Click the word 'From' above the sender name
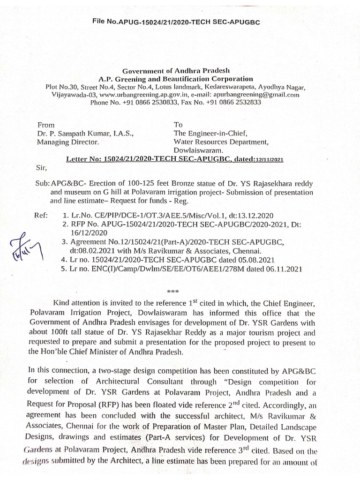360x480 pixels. coord(45,125)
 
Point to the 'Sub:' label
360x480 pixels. coord(43,183)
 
